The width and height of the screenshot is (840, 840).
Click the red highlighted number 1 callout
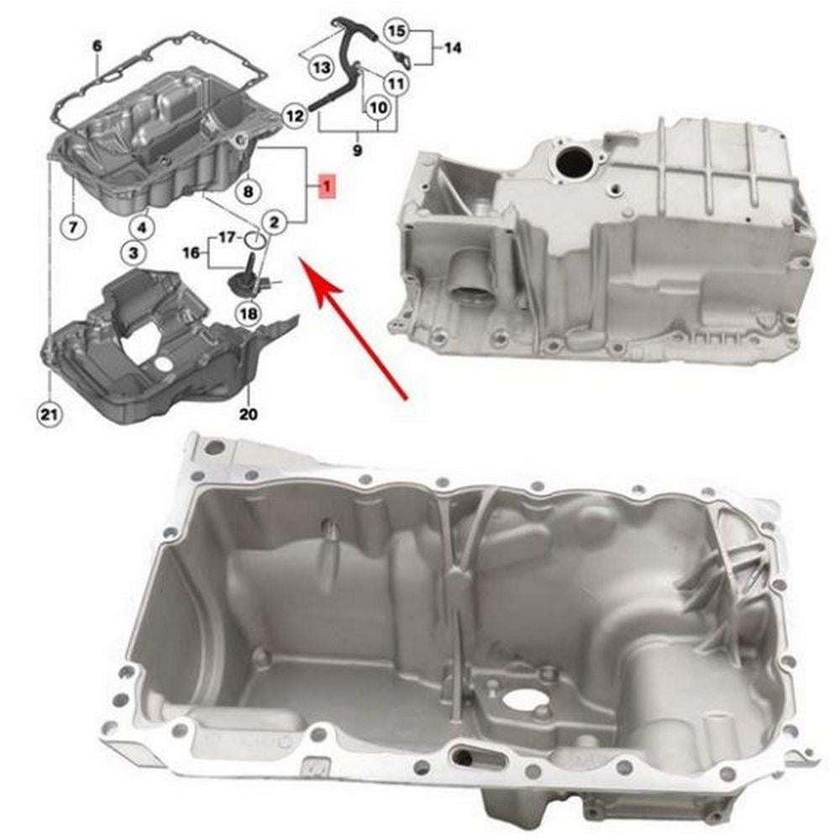[327, 186]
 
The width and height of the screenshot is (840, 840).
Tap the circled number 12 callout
[294, 115]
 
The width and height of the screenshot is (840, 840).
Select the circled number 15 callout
[396, 30]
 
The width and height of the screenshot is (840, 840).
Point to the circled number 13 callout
[322, 68]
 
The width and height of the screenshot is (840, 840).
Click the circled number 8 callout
[248, 191]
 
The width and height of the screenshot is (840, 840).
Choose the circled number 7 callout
[73, 227]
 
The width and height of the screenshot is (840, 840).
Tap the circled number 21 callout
[49, 413]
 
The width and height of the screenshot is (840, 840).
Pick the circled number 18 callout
[249, 313]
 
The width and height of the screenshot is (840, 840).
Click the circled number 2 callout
[275, 222]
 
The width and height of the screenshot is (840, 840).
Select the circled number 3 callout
[133, 252]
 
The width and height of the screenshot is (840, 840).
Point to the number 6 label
[97, 46]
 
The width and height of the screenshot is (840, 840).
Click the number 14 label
[453, 48]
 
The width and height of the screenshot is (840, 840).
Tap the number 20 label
[249, 413]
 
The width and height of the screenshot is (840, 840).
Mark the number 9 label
[357, 150]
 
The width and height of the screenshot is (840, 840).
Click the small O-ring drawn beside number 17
[255, 240]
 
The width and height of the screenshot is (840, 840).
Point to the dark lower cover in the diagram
[160, 349]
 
